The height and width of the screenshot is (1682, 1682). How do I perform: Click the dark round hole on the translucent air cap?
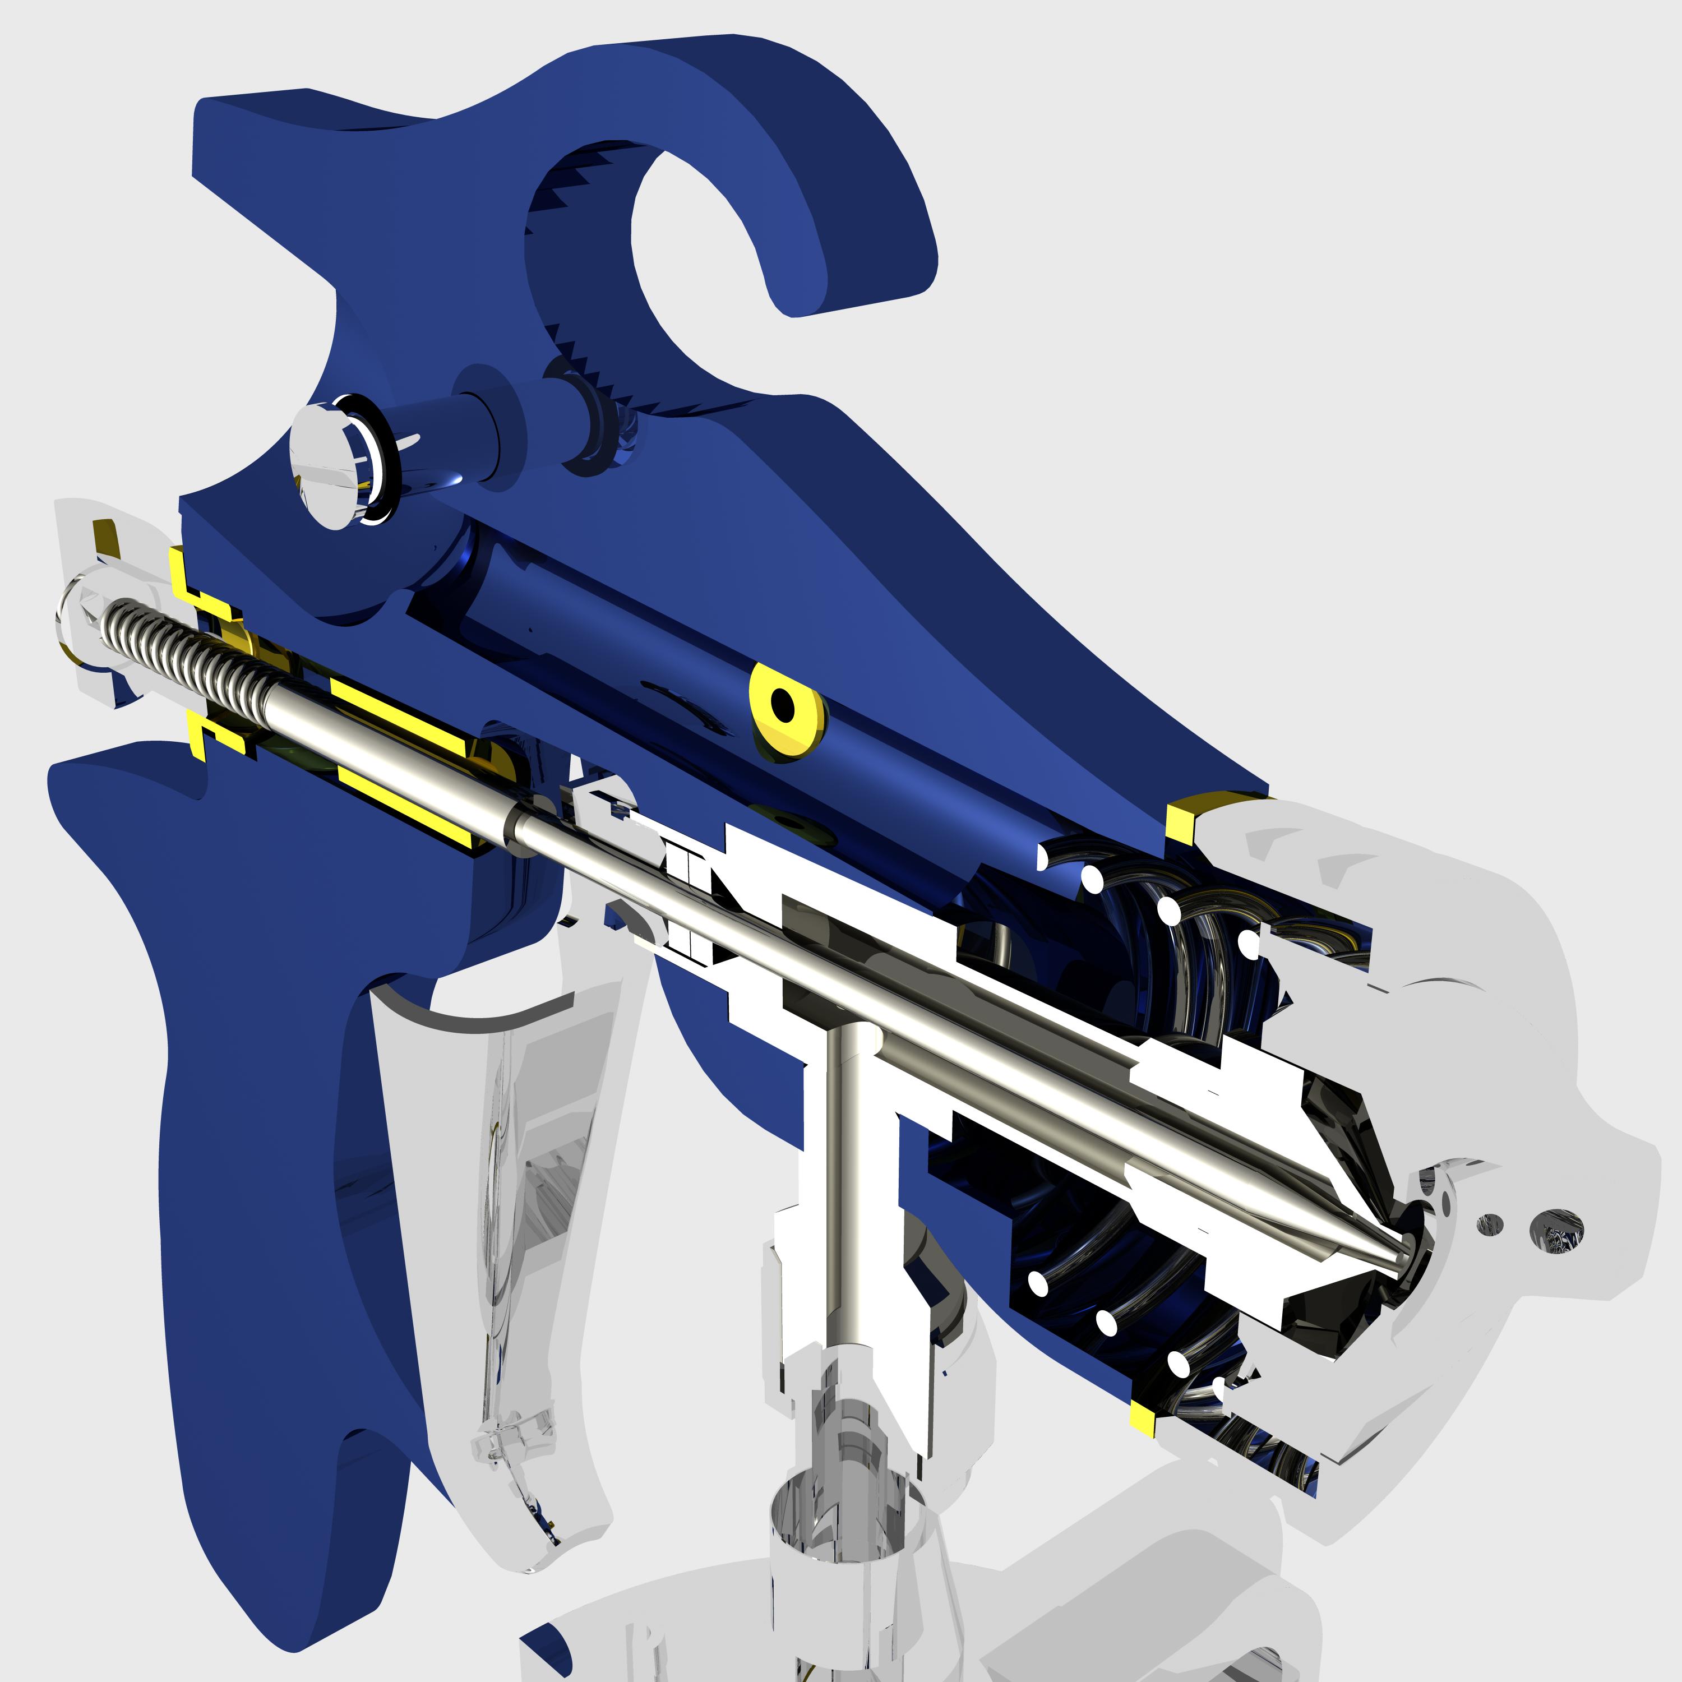tap(1559, 1230)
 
